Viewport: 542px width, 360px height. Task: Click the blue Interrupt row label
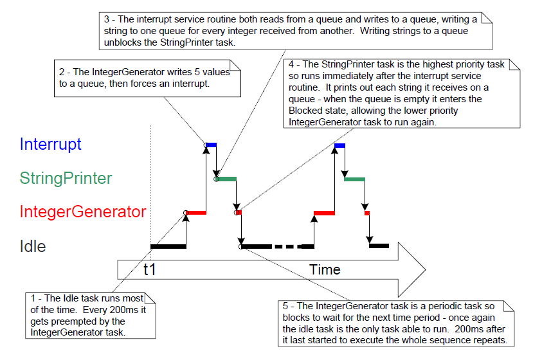coord(51,144)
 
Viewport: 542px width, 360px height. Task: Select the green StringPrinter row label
coord(66,178)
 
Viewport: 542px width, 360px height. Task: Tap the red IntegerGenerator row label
coord(83,212)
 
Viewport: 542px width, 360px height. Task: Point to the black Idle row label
coord(33,246)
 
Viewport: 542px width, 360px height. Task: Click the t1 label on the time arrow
coord(150,269)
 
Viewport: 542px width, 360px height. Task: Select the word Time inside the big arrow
coord(325,269)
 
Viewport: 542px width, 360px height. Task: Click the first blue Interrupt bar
coord(212,145)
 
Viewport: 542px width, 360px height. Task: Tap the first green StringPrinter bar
coord(228,178)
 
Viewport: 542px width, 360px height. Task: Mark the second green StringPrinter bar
coord(355,179)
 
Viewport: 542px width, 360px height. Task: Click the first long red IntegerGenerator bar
coord(196,212)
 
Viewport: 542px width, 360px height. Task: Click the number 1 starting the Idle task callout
coord(33,298)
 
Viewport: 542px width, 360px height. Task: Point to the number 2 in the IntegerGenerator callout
coord(60,72)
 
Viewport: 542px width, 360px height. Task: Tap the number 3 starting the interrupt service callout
coord(106,19)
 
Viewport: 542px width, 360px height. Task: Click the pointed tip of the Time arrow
coord(424,267)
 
